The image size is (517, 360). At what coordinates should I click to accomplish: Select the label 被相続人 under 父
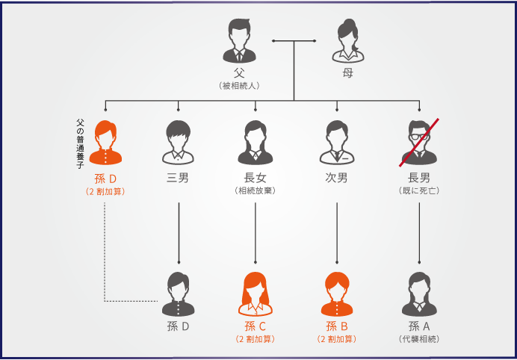(239, 86)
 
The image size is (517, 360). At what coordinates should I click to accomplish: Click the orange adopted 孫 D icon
(105, 143)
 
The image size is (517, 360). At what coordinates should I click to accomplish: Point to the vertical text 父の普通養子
(80, 143)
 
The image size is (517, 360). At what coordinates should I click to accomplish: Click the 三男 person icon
(179, 143)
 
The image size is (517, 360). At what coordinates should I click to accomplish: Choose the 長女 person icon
(256, 143)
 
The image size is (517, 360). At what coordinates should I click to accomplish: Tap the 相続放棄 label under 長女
(256, 191)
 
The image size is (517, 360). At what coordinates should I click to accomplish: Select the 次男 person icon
(337, 143)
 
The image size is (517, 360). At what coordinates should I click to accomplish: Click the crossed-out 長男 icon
(418, 143)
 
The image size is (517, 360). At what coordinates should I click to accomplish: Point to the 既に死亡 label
(418, 191)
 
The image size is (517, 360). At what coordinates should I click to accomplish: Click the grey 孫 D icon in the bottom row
(179, 294)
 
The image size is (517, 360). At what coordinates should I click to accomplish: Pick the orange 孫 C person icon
(256, 294)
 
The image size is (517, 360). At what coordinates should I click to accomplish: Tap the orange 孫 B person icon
(337, 294)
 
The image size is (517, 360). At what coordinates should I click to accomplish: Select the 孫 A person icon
(418, 294)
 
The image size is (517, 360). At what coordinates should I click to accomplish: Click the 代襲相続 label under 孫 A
(419, 339)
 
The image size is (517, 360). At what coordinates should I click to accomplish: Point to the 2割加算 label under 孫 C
(256, 339)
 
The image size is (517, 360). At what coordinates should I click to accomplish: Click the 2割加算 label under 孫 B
(337, 339)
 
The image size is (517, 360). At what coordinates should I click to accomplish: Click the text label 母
(348, 73)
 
